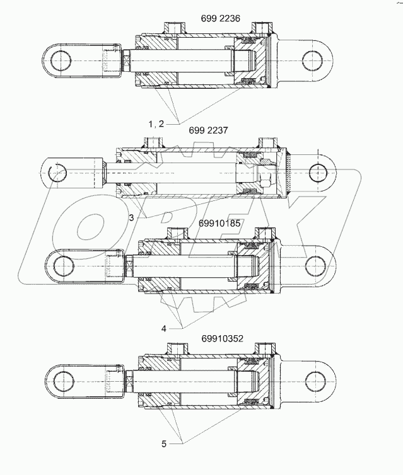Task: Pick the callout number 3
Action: [x=130, y=218]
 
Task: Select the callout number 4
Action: [x=165, y=328]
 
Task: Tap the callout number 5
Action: [x=164, y=444]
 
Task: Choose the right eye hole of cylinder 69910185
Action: [x=320, y=265]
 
